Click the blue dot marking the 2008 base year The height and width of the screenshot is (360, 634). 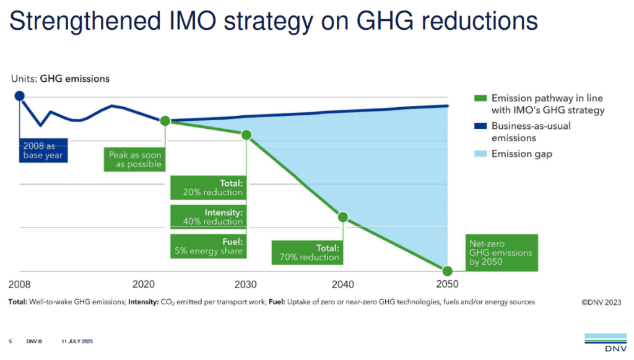click(19, 95)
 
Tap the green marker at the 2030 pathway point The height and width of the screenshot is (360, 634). click(246, 134)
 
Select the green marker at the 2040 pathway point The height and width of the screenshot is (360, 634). click(342, 217)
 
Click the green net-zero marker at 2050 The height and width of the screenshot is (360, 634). click(446, 271)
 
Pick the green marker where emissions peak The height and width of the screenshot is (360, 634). click(165, 121)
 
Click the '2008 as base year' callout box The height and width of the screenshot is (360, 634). click(43, 151)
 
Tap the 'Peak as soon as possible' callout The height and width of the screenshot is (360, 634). click(135, 159)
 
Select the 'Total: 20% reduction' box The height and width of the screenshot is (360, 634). click(207, 188)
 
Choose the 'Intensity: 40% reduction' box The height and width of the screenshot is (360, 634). click(207, 217)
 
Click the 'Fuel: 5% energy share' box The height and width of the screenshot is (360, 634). click(207, 246)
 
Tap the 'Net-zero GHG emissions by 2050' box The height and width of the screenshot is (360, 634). click(502, 252)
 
